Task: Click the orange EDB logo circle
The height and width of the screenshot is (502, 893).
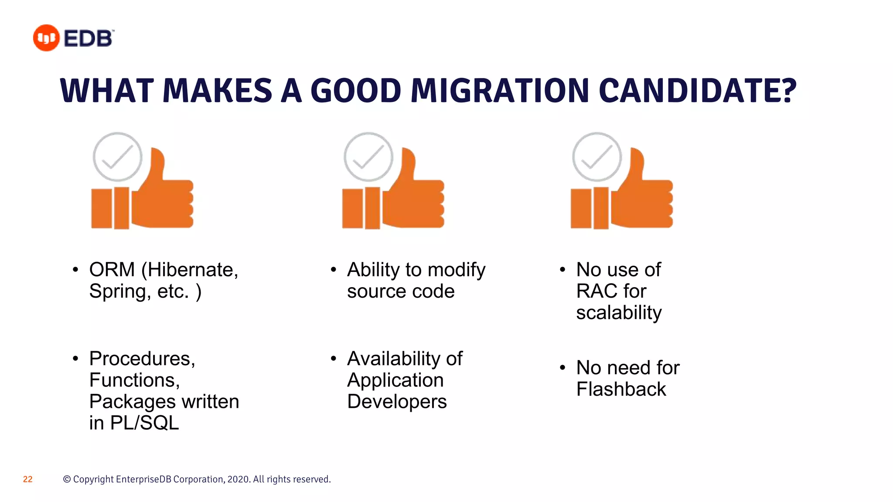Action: pos(46,38)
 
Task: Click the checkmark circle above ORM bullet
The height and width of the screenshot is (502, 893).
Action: pos(117,157)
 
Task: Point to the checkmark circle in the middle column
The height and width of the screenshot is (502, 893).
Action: pos(368,157)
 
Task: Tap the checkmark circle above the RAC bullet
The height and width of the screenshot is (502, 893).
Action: pos(597,157)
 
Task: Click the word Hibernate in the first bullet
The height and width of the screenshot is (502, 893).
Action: pos(192,270)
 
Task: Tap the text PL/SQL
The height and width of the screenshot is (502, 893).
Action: pos(144,423)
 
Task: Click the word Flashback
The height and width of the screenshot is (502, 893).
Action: pos(621,389)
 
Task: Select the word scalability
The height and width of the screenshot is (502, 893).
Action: pos(619,313)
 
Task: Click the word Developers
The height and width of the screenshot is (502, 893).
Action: pos(397,401)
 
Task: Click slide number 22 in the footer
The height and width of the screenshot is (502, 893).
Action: pos(27,479)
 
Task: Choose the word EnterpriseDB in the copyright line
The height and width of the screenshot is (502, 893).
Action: pos(143,479)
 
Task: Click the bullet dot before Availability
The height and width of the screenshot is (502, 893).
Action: pos(334,359)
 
